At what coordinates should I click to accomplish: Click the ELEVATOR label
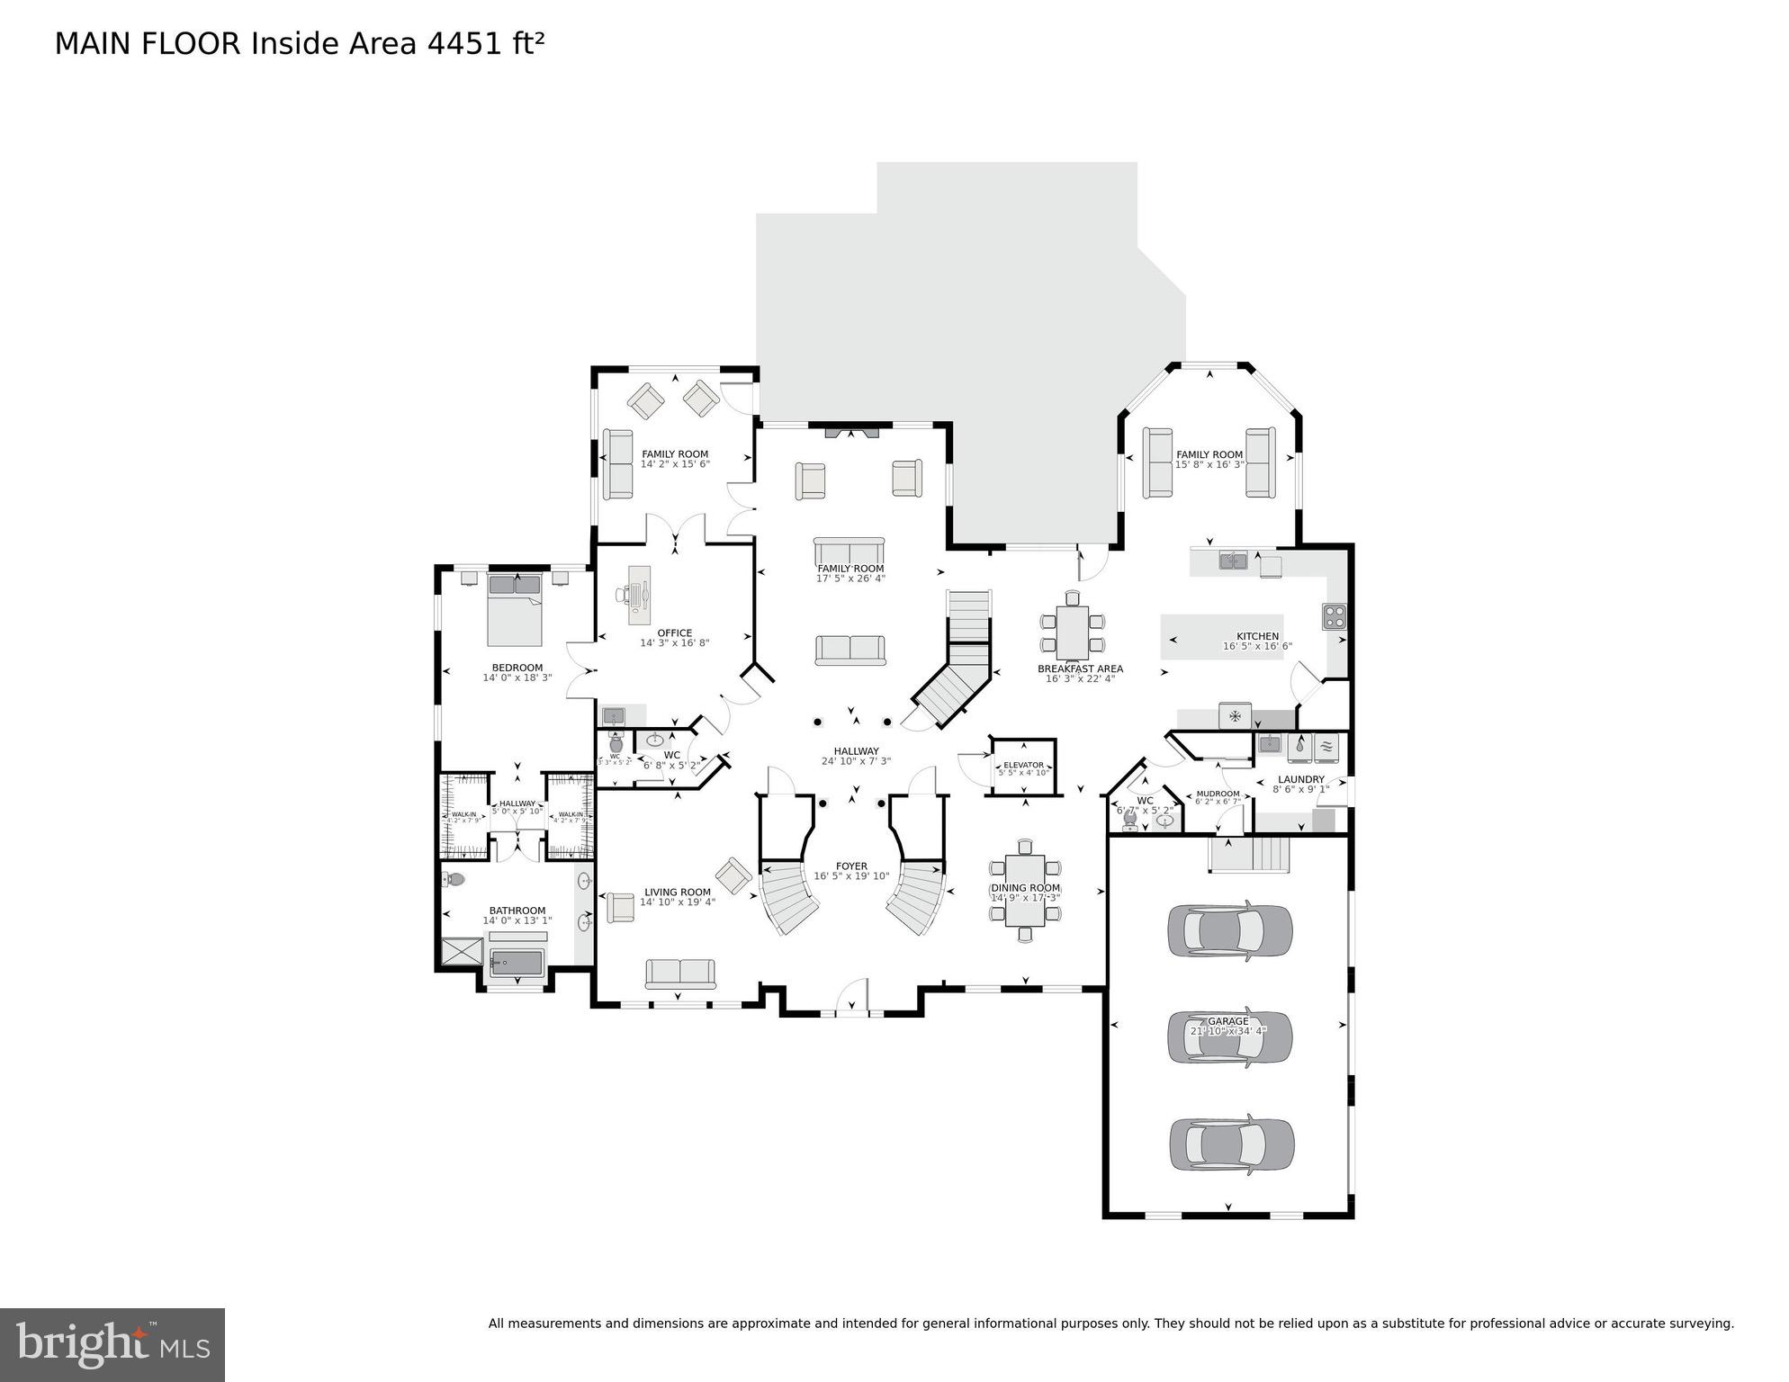pyautogui.click(x=1023, y=765)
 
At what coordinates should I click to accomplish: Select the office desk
pyautogui.click(x=639, y=594)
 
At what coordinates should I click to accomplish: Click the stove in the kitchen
pyautogui.click(x=1334, y=616)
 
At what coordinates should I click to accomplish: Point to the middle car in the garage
pyautogui.click(x=1229, y=1036)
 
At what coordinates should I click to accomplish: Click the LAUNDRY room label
pyautogui.click(x=1300, y=779)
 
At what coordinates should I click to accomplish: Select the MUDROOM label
pyautogui.click(x=1218, y=794)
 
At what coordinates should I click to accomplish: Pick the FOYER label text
pyautogui.click(x=851, y=866)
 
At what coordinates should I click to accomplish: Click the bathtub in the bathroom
pyautogui.click(x=517, y=963)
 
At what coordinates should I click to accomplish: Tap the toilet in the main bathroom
pyautogui.click(x=454, y=879)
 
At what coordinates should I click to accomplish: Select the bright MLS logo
pyautogui.click(x=112, y=1344)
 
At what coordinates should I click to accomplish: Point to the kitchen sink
pyautogui.click(x=1233, y=561)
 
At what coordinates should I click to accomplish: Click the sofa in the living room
pyautogui.click(x=679, y=973)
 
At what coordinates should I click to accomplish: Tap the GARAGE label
pyautogui.click(x=1228, y=1021)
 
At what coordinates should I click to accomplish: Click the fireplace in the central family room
pyautogui.click(x=851, y=432)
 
